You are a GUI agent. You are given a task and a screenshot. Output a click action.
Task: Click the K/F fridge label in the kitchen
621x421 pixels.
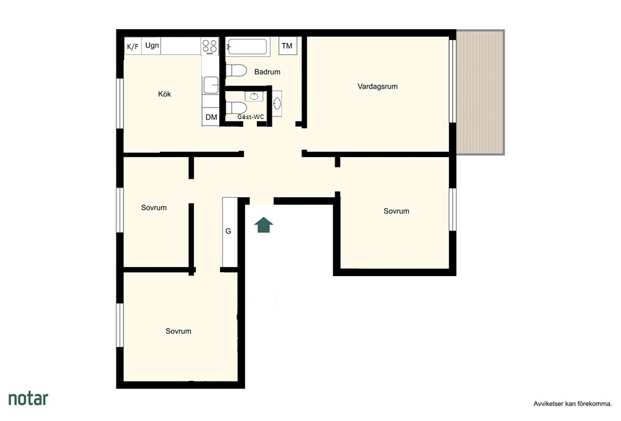(x=132, y=47)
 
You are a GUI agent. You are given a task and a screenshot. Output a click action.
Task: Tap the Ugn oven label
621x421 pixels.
(x=151, y=45)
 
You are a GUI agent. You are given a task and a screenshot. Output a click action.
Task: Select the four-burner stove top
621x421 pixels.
(x=210, y=47)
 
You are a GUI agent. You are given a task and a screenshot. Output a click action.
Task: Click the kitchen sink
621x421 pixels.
(x=211, y=85)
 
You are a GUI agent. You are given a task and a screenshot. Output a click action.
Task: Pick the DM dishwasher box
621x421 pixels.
(x=211, y=117)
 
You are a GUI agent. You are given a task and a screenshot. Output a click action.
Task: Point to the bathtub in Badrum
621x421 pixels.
(x=247, y=47)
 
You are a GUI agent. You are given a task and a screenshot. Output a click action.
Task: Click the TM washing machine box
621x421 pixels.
(x=287, y=45)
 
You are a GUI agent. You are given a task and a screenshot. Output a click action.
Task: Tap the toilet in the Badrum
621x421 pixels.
(x=236, y=71)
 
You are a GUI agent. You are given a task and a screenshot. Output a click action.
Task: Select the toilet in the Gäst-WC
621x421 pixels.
(x=236, y=107)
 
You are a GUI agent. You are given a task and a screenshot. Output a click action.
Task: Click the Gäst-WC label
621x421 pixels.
(x=251, y=117)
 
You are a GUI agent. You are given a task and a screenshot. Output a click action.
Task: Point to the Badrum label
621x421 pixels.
(x=267, y=72)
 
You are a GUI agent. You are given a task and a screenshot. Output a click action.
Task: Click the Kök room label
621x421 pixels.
(x=164, y=94)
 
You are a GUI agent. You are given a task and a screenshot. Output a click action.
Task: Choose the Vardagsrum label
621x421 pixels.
(x=377, y=87)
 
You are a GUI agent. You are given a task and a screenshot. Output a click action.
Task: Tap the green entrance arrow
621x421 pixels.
(x=263, y=224)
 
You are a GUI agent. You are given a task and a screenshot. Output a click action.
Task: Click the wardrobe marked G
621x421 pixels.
(x=230, y=232)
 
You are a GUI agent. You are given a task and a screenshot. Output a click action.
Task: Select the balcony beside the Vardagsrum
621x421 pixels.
(x=481, y=92)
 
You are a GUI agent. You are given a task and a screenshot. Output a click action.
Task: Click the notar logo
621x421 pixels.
(x=28, y=398)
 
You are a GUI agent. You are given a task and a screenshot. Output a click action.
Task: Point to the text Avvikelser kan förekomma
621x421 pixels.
(x=572, y=404)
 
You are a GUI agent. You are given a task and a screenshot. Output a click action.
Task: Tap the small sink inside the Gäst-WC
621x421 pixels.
(x=254, y=96)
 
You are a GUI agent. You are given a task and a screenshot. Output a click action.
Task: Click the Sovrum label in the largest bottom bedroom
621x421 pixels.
(x=179, y=331)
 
